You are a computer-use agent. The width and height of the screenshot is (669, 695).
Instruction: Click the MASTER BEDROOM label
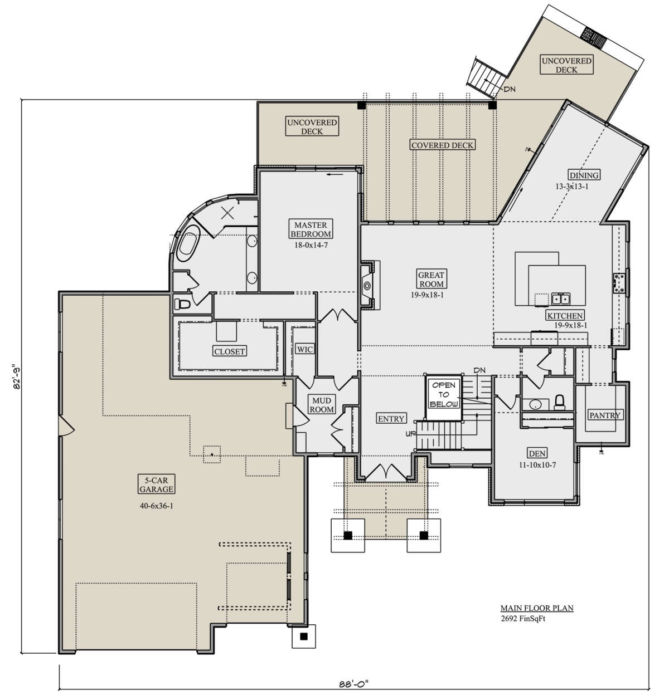(x=311, y=229)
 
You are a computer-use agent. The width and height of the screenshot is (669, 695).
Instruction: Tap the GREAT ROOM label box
(x=431, y=280)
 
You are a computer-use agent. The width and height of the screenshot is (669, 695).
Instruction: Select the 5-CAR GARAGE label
(x=156, y=484)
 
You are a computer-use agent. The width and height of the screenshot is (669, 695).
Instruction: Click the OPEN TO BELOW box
(x=444, y=397)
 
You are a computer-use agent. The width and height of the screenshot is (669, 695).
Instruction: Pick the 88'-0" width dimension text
(x=353, y=683)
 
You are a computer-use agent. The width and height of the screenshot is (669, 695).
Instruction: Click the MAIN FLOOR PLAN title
(x=537, y=608)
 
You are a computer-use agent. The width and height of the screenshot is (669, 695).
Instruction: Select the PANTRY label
(x=605, y=415)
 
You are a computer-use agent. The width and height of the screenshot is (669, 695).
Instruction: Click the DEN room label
(x=537, y=453)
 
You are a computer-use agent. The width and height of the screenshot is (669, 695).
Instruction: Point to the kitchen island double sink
(x=561, y=298)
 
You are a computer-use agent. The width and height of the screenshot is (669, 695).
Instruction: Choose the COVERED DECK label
(x=442, y=145)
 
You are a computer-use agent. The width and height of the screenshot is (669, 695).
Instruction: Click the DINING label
(x=584, y=175)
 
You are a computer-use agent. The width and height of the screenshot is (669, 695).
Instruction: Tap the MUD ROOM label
(x=322, y=405)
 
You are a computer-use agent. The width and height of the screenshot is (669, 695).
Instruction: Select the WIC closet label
(x=305, y=349)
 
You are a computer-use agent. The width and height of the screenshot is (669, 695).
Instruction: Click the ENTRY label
(x=391, y=418)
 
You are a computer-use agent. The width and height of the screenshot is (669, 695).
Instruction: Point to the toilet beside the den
(x=559, y=403)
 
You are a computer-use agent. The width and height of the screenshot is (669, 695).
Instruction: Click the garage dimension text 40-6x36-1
(x=156, y=505)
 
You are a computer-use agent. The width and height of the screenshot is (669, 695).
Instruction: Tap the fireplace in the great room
(x=367, y=285)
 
